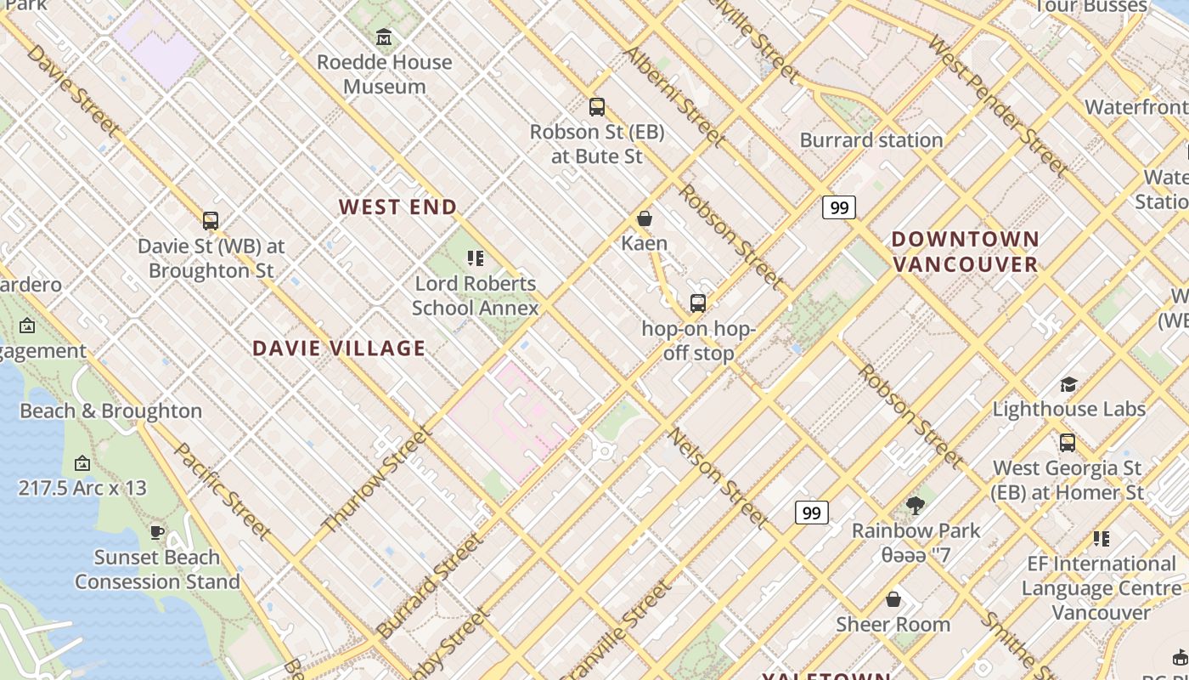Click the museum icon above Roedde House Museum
point(384,37)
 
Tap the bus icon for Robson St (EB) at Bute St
point(597,107)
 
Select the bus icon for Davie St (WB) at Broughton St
point(211,221)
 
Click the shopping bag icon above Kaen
point(645,218)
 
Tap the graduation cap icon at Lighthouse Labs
point(1068,384)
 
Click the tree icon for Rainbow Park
point(916,506)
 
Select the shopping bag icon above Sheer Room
point(893,599)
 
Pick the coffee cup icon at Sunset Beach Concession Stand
point(156,533)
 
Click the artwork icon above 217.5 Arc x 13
point(82,463)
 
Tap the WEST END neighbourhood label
point(398,207)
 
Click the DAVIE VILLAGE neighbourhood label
point(339,348)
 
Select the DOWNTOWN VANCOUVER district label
point(966,251)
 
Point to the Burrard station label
point(871,139)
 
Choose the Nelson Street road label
point(718,478)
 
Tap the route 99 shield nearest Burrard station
point(838,207)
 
